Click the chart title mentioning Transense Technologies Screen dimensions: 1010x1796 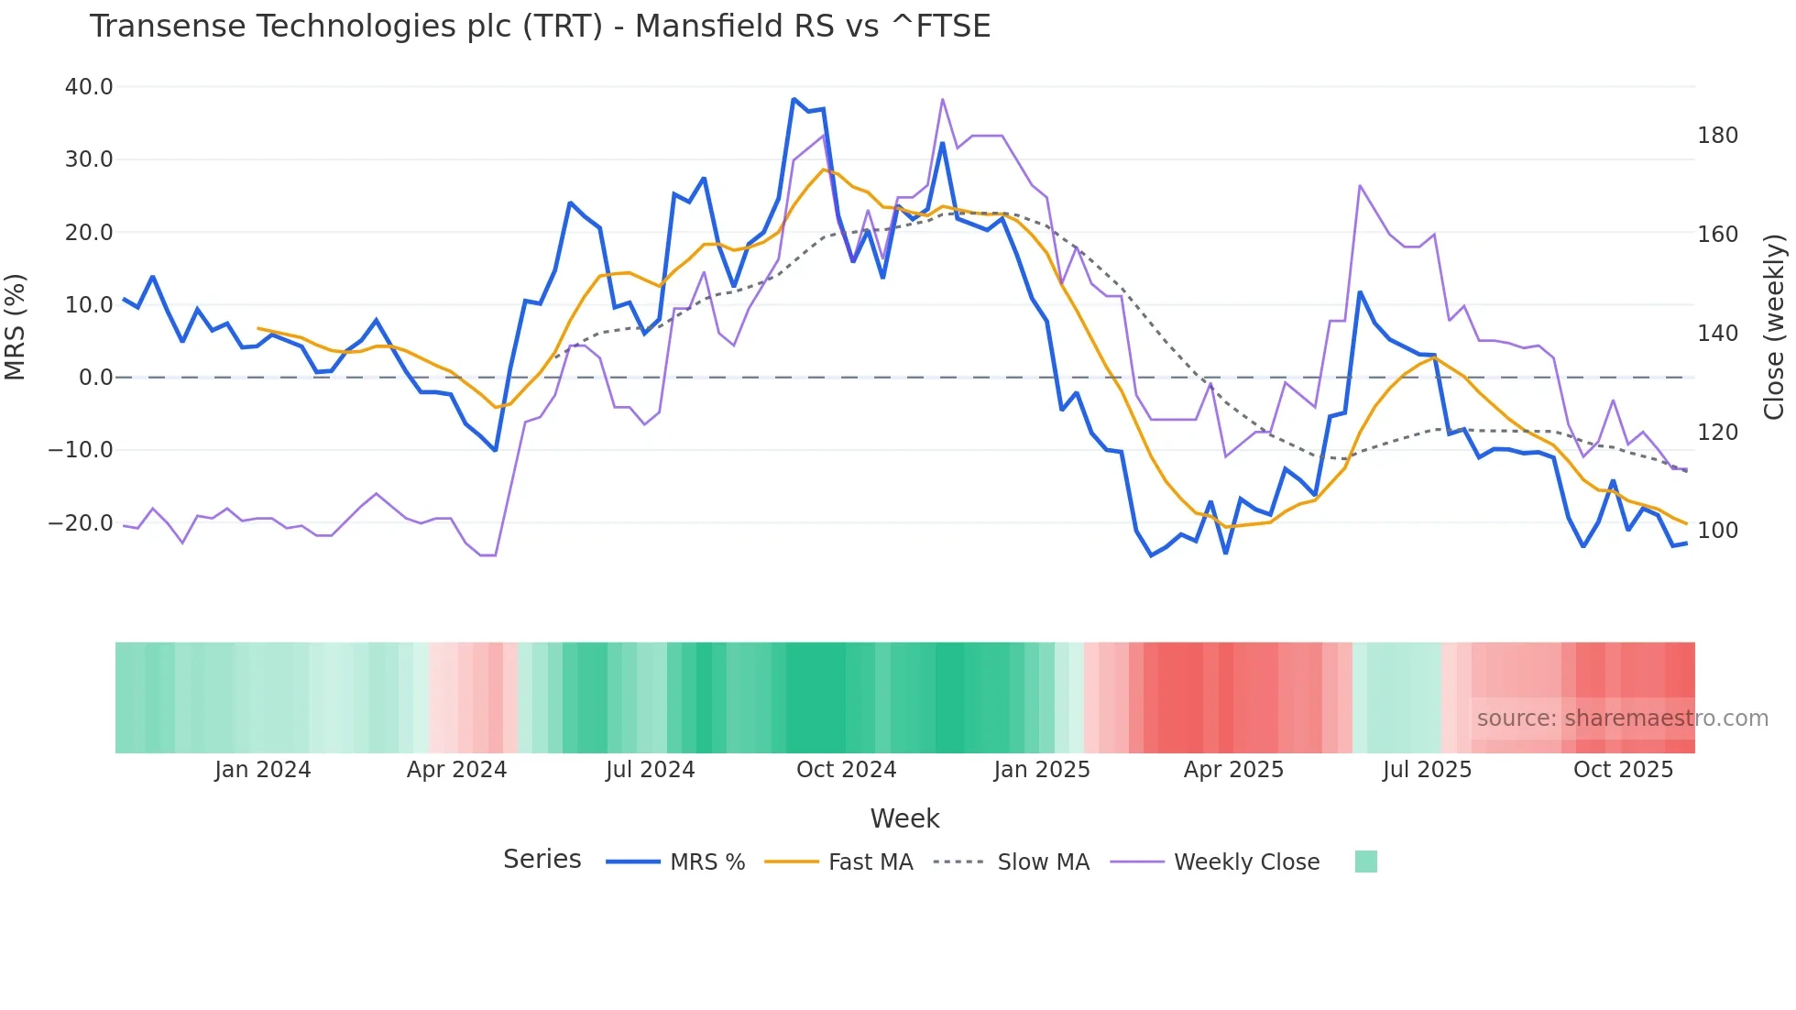pos(540,27)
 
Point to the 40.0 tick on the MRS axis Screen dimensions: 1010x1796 pos(89,87)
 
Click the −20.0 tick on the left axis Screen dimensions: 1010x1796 pos(81,523)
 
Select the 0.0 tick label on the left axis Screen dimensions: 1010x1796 pos(95,378)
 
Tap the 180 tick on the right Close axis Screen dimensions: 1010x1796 pos(1717,136)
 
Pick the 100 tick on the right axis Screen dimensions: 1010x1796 pos(1717,531)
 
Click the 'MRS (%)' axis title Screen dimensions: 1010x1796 pos(16,327)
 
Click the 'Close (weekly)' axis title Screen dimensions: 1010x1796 pos(1774,327)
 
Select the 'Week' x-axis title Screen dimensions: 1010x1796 pos(904,818)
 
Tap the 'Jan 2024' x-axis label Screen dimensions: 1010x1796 pos(263,770)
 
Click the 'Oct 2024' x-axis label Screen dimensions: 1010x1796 pos(846,770)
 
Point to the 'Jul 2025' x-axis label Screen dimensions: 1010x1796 pos(1427,770)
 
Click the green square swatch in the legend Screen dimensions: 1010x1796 pos(1365,862)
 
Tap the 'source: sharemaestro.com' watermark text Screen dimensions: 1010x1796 pos(1622,719)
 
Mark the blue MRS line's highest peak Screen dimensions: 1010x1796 pos(794,99)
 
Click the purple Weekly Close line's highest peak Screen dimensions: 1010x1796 pos(943,99)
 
